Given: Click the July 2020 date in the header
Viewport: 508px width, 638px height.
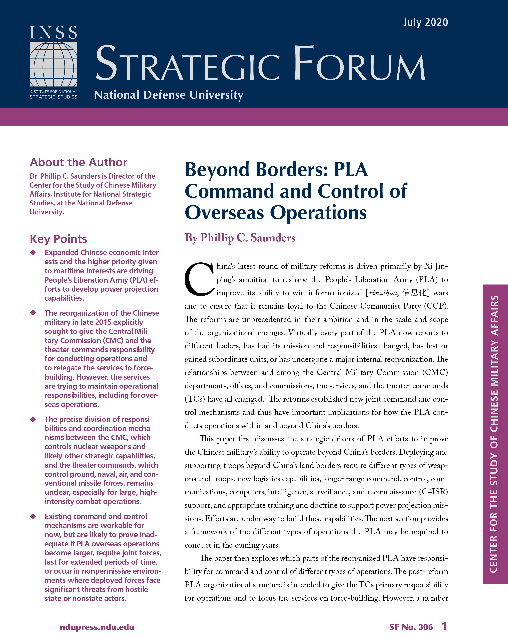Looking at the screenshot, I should (425, 23).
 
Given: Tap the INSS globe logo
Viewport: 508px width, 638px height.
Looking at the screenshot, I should (54, 64).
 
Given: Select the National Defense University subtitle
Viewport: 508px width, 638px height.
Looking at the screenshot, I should (169, 95).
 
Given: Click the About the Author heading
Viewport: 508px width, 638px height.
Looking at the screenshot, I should (78, 162).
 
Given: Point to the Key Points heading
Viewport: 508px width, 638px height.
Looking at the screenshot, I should (58, 239).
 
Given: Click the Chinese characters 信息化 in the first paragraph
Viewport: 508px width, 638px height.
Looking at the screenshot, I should (414, 293).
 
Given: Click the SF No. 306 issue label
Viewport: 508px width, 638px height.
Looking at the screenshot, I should (411, 627).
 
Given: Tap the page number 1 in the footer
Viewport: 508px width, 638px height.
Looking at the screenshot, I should (444, 626).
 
